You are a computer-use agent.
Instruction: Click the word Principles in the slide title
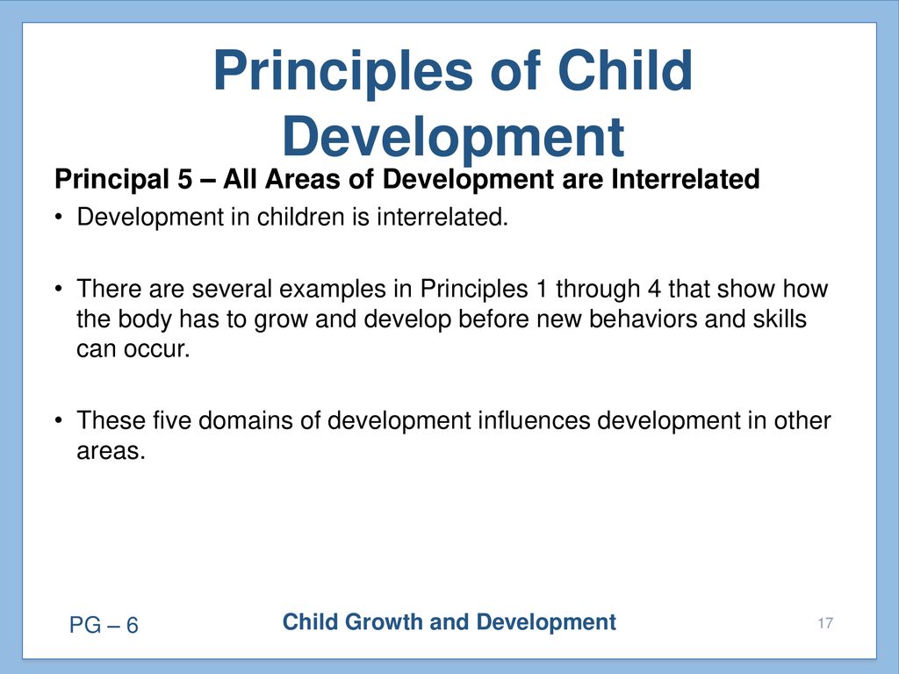(x=343, y=73)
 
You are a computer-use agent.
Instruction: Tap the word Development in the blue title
(x=453, y=139)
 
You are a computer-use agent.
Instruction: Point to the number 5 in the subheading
(x=185, y=179)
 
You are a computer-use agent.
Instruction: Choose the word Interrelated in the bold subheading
(x=685, y=179)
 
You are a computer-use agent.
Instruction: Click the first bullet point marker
(x=58, y=218)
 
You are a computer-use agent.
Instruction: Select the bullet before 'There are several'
(x=58, y=290)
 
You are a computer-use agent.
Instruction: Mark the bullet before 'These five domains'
(x=58, y=421)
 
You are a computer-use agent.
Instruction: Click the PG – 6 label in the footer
(x=104, y=625)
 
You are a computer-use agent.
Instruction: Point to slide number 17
(x=825, y=623)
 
